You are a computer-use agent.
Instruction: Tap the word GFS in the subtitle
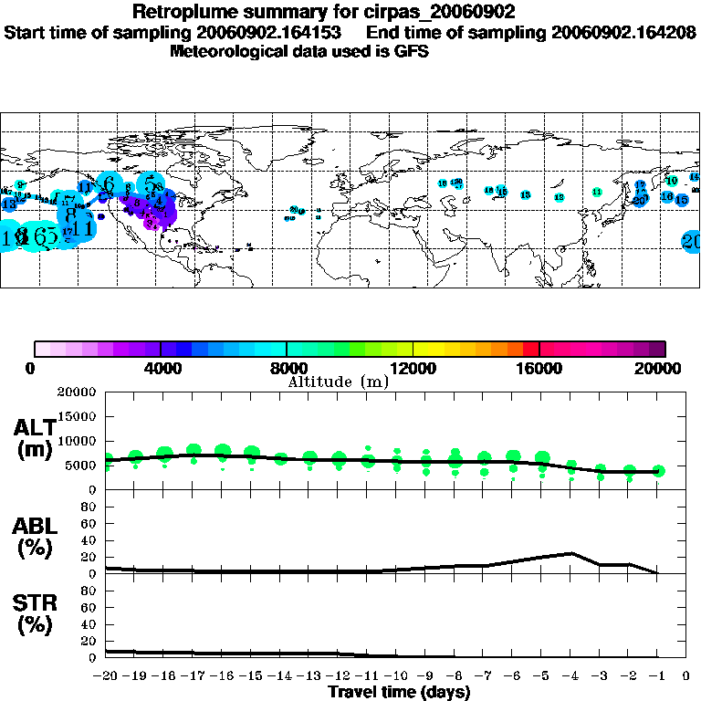[413, 51]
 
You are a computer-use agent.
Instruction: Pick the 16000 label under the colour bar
[539, 369]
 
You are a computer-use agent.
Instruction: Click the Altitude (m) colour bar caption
[338, 382]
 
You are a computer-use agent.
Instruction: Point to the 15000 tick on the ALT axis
[78, 416]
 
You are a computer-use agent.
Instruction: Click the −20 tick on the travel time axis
[107, 676]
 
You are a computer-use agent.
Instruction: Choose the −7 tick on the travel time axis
[484, 676]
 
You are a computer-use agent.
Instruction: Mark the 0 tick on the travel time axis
[685, 676]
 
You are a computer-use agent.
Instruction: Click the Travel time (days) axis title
[399, 693]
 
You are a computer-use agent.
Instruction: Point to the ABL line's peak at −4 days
[571, 553]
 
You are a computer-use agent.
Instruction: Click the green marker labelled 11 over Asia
[596, 192]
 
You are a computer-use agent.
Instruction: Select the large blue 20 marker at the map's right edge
[691, 241]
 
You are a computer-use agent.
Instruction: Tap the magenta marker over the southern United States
[153, 222]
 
